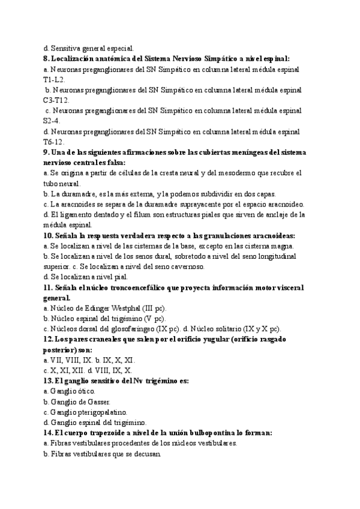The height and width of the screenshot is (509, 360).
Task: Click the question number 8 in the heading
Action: click(x=47, y=59)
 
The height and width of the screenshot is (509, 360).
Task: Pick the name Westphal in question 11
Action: click(x=121, y=308)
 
